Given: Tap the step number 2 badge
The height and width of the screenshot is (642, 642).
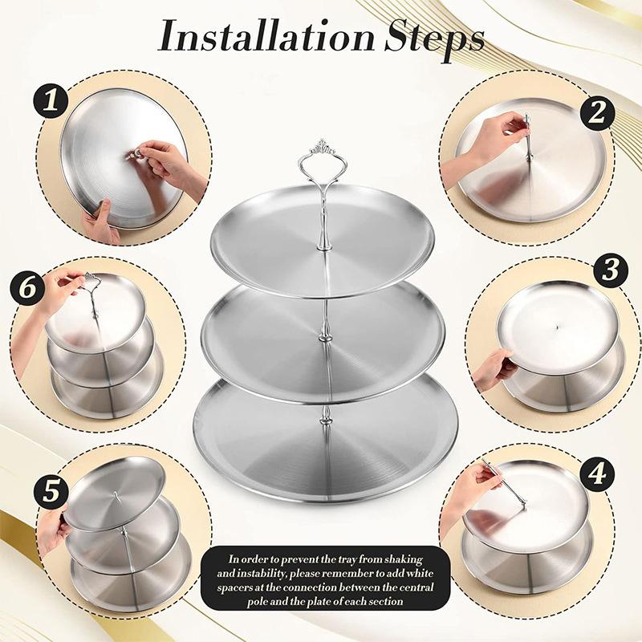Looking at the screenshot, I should click(x=595, y=112).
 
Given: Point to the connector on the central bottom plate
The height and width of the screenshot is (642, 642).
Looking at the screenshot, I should click(x=326, y=416).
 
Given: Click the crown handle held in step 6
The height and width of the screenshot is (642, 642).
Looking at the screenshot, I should click(x=89, y=282).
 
